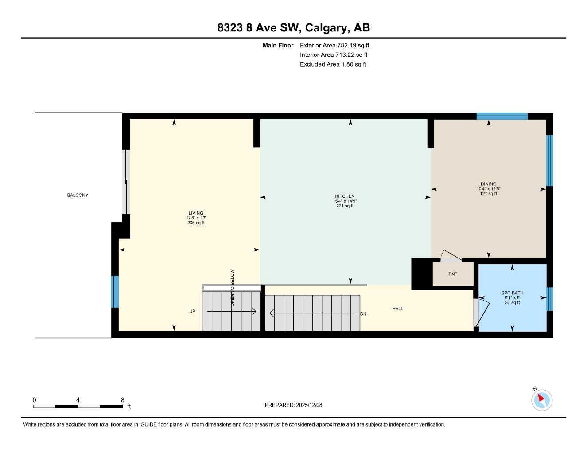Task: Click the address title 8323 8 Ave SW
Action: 293,28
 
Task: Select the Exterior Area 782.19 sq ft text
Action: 334,45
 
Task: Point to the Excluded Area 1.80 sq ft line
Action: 333,64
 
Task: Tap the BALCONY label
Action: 78,195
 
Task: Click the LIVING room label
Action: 196,213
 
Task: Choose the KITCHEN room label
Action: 345,196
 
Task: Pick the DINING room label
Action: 488,184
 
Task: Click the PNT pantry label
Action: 452,274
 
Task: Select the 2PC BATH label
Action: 513,293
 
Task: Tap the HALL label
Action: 397,309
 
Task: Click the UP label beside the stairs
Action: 192,311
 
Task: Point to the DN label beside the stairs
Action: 363,314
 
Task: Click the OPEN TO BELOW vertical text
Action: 232,288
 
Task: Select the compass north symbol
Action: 541,399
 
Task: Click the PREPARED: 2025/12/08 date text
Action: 293,405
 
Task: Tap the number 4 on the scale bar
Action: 78,400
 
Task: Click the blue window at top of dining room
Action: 502,116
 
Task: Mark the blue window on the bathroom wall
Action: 549,299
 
